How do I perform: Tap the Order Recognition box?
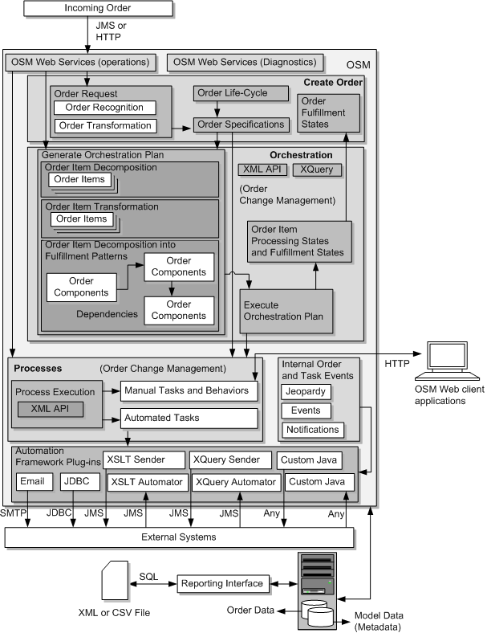(x=104, y=108)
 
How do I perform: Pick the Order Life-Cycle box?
(x=241, y=93)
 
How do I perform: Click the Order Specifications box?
(x=241, y=125)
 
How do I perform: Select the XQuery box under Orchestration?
(x=316, y=169)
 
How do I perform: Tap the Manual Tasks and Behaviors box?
(x=189, y=391)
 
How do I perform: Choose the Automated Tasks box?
(x=189, y=418)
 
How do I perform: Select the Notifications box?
(x=312, y=430)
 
